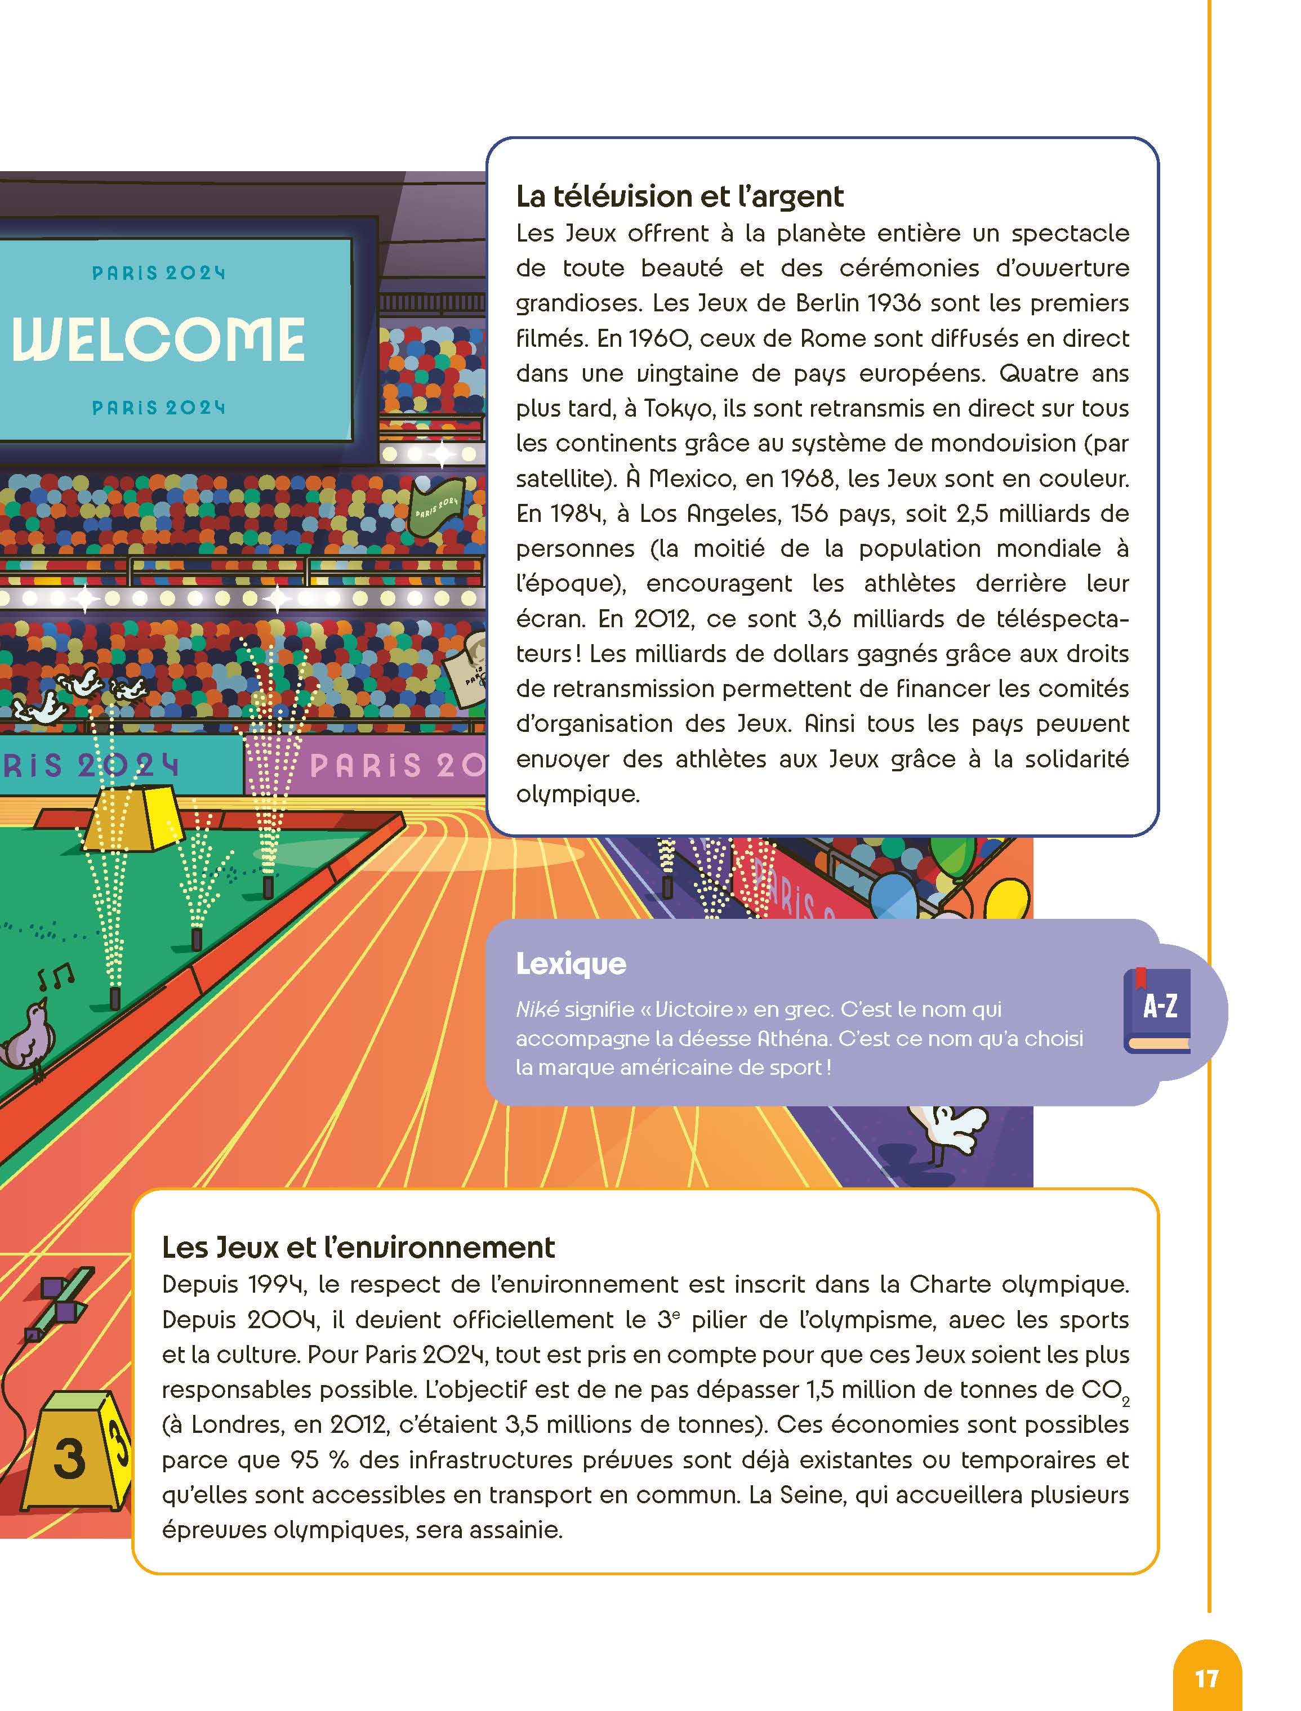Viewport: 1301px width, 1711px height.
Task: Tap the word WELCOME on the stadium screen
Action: [x=159, y=339]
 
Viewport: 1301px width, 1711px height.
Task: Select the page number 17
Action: [x=1206, y=1678]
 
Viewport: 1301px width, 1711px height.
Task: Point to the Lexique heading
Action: [x=571, y=964]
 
